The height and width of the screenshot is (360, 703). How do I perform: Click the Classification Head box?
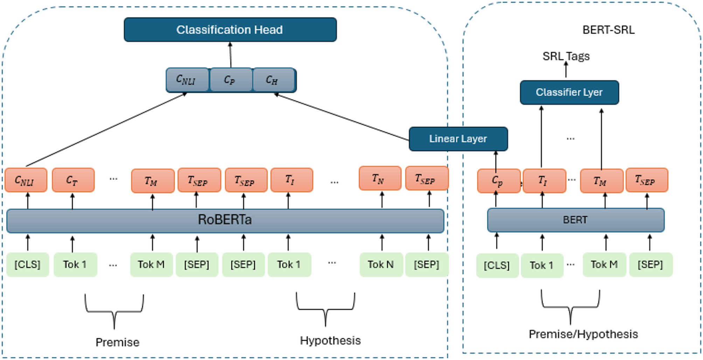pyautogui.click(x=230, y=30)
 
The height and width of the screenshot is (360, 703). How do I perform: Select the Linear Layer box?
pyautogui.click(x=458, y=139)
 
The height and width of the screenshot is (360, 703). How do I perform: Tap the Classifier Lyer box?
pyautogui.click(x=569, y=92)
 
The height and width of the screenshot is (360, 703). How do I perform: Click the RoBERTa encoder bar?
pyautogui.click(x=225, y=220)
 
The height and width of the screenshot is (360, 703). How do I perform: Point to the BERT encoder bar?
pyautogui.click(x=575, y=220)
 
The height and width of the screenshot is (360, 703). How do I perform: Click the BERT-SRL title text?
pyautogui.click(x=608, y=30)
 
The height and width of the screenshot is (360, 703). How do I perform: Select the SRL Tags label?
pyautogui.click(x=566, y=56)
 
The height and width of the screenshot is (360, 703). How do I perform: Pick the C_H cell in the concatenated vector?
pyautogui.click(x=272, y=80)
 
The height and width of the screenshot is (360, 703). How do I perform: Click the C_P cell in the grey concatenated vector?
pyautogui.click(x=230, y=80)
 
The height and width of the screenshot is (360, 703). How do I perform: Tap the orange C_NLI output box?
pyautogui.click(x=26, y=180)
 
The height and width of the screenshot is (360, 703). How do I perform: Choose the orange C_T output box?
pyautogui.click(x=73, y=180)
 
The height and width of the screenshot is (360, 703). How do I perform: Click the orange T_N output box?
pyautogui.click(x=380, y=179)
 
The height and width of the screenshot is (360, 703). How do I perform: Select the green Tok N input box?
pyautogui.click(x=381, y=265)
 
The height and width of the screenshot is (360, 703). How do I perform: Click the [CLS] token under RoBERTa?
pyautogui.click(x=27, y=265)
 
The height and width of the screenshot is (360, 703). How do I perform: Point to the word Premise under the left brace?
pyautogui.click(x=117, y=342)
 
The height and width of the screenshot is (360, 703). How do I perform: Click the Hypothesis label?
pyautogui.click(x=330, y=340)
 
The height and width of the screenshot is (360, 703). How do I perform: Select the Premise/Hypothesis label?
pyautogui.click(x=583, y=334)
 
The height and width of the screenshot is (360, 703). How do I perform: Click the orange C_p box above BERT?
pyautogui.click(x=498, y=181)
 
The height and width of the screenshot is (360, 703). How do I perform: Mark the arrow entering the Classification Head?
pyautogui.click(x=230, y=54)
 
